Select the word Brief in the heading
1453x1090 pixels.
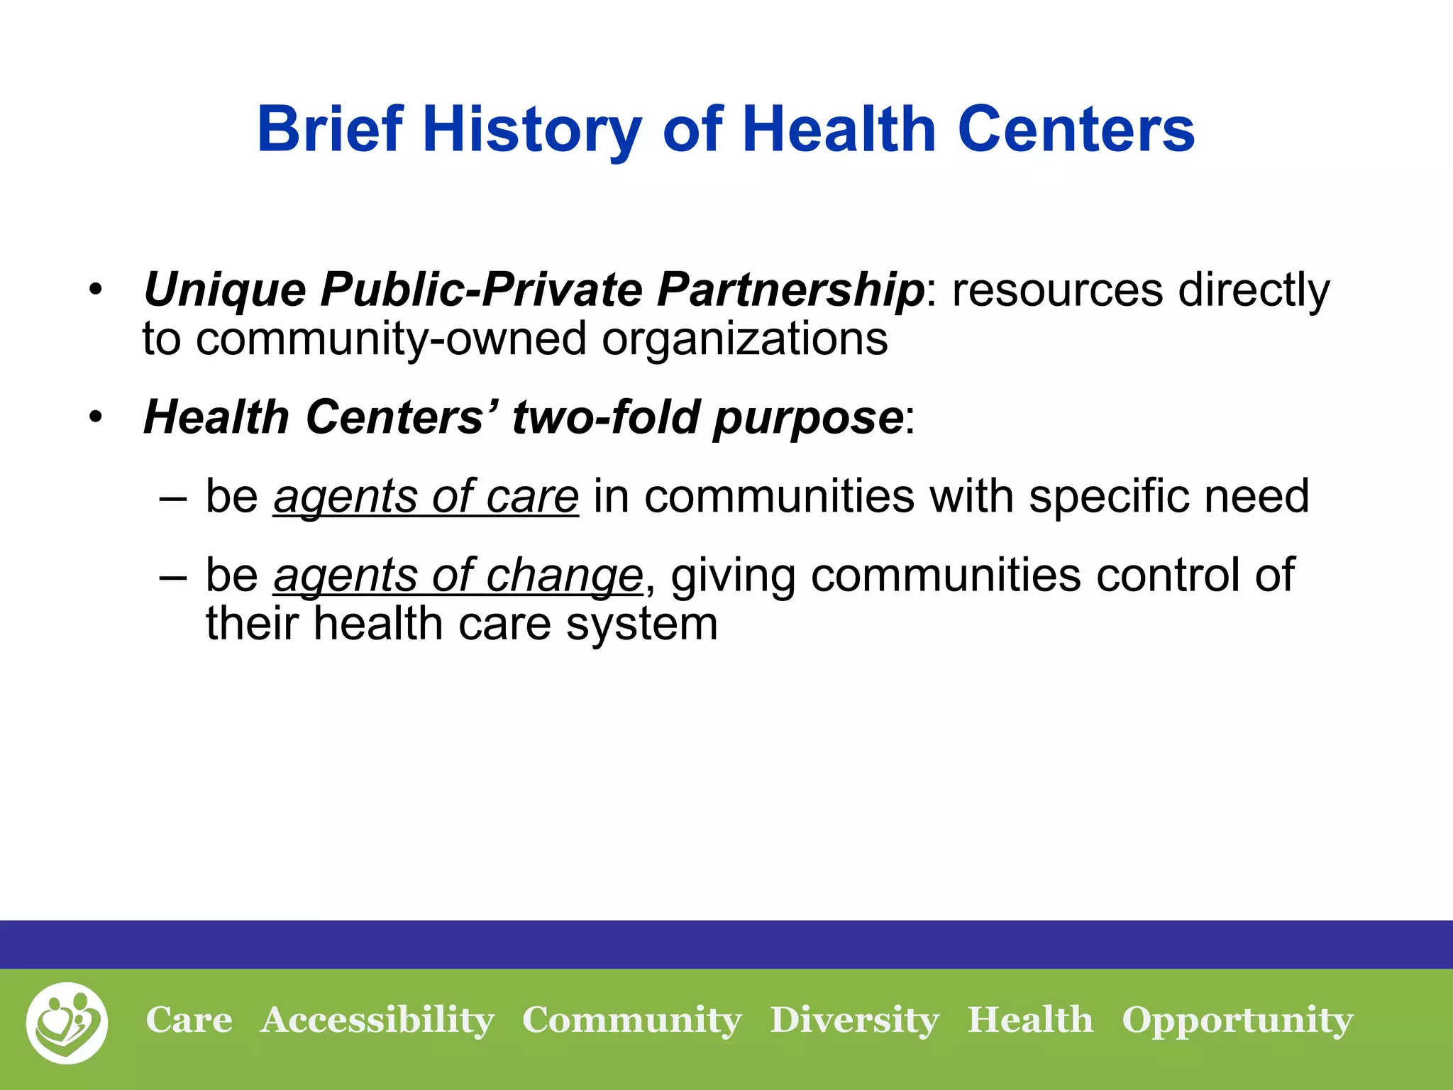click(330, 130)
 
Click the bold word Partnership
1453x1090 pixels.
click(790, 290)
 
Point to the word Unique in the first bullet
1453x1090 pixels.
click(224, 290)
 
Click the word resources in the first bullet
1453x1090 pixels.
click(1058, 290)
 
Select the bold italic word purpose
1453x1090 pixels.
click(807, 418)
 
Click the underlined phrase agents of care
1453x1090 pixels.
click(426, 496)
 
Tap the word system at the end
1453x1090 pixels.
click(641, 624)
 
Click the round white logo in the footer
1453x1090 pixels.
click(67, 1023)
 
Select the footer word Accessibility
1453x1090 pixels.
click(377, 1021)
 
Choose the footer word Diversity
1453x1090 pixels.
click(854, 1021)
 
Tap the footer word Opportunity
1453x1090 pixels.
click(1237, 1021)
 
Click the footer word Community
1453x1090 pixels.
click(631, 1021)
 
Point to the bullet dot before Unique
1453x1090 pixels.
click(96, 290)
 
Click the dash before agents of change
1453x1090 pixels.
click(173, 576)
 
